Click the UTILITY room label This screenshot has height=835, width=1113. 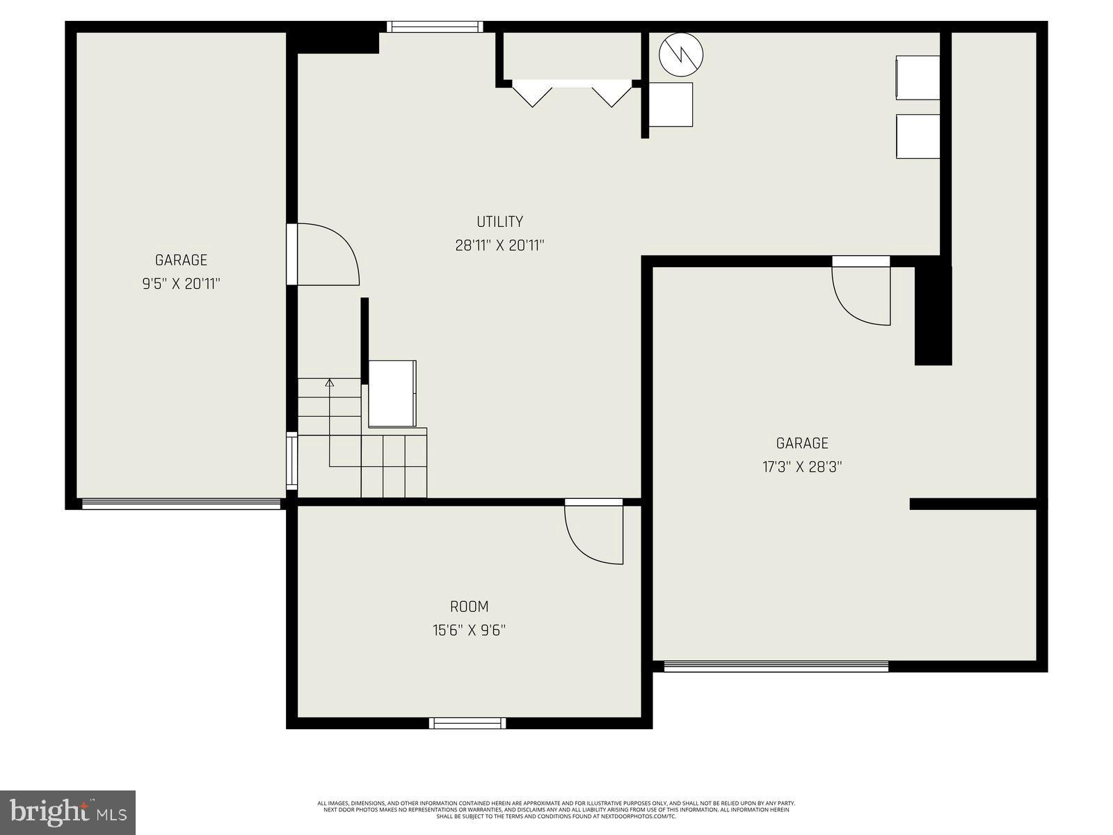(x=499, y=222)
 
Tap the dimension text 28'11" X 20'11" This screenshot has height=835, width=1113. (x=499, y=246)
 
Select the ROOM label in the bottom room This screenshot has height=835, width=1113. (x=469, y=607)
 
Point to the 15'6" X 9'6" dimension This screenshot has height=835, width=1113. (x=469, y=630)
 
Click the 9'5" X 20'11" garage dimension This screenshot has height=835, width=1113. (x=181, y=284)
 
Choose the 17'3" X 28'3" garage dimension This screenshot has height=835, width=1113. (x=802, y=467)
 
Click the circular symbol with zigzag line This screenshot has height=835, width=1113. (x=681, y=54)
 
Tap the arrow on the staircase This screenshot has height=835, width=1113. (x=330, y=383)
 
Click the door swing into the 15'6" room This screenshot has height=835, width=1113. (x=593, y=532)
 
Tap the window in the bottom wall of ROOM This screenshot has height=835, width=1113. (x=467, y=724)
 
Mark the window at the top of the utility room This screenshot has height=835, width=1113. (x=434, y=26)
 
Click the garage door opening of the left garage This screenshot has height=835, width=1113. (x=181, y=504)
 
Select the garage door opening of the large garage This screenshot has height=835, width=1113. (x=776, y=667)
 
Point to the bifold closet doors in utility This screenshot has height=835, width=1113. (x=572, y=93)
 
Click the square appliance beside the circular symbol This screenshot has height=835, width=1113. (x=671, y=104)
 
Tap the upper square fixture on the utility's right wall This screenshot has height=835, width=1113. (x=918, y=77)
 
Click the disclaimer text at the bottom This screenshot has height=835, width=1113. (x=556, y=809)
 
